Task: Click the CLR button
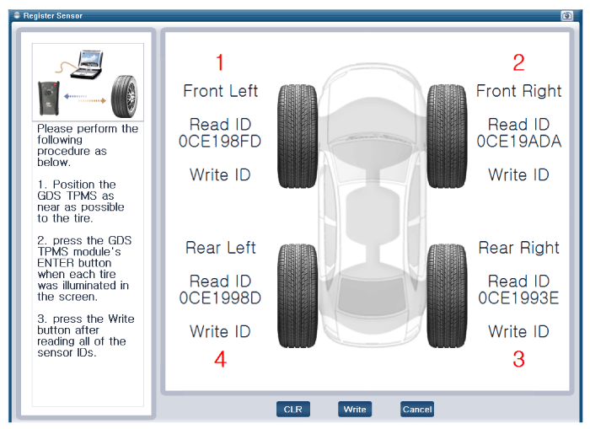293,410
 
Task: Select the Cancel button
417,410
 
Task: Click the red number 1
220,62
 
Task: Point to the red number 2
518,62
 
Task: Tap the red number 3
518,359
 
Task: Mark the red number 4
220,360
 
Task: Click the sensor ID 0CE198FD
220,142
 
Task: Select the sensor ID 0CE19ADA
518,142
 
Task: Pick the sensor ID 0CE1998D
220,298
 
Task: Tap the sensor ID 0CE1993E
518,298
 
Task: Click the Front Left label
220,90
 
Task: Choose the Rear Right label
518,248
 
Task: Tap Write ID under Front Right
518,175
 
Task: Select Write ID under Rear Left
220,331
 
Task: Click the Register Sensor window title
52,15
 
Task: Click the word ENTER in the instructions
57,262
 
